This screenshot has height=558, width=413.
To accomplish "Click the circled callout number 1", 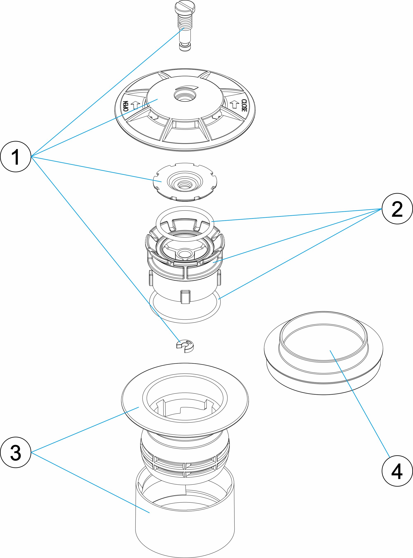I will point(15,157).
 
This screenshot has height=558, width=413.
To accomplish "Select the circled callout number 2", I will point(397,209).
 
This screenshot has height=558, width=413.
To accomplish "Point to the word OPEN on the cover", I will point(126,106).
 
